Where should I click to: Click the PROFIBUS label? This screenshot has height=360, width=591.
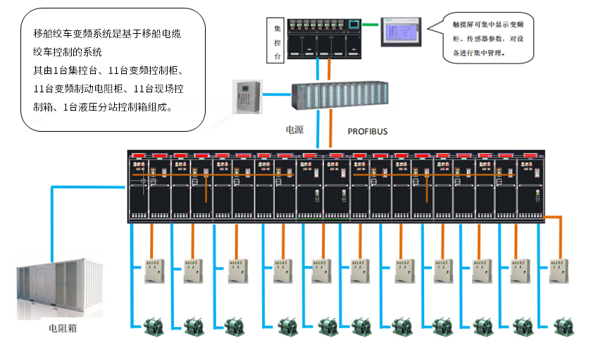pos(368,131)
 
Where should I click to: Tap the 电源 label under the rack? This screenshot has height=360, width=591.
pos(294,130)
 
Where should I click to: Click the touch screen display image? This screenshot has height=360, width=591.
pos(400,32)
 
